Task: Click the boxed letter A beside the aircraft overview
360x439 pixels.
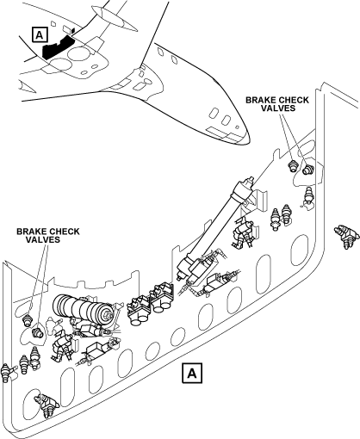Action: (40, 34)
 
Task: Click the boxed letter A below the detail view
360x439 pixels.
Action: (192, 373)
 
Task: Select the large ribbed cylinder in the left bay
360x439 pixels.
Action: (83, 310)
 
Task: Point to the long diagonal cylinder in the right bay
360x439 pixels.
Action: (215, 226)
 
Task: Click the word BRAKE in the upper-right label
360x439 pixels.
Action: (260, 100)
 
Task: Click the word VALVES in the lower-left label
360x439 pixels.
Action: (43, 239)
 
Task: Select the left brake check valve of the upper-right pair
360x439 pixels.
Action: (293, 166)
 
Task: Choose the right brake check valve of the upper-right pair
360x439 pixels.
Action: (308, 169)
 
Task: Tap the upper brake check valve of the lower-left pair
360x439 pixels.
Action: (28, 320)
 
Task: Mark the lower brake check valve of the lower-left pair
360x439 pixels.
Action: (37, 333)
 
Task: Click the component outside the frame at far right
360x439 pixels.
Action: (347, 236)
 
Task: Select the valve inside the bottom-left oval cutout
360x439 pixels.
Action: (46, 405)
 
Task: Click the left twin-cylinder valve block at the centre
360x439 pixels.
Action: (139, 311)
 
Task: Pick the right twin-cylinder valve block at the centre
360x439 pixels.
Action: (162, 298)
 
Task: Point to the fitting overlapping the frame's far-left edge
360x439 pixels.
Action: (6, 373)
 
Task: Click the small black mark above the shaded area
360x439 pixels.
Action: (73, 30)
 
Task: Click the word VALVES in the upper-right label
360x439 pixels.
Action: (278, 108)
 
